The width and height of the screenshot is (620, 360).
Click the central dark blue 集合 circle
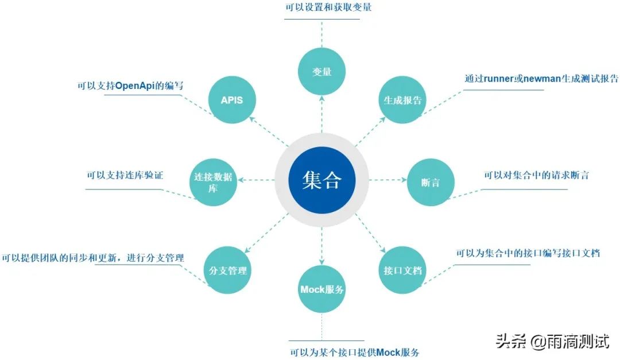pyautogui.click(x=321, y=180)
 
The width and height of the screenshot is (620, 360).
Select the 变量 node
pyautogui.click(x=321, y=72)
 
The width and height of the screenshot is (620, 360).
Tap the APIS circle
pyautogui.click(x=232, y=100)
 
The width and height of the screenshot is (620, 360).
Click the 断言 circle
pyautogui.click(x=431, y=182)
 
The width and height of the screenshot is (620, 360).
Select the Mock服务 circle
pyautogui.click(x=322, y=289)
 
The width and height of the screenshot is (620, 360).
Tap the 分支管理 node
pyautogui.click(x=228, y=270)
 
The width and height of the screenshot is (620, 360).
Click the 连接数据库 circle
pyautogui.click(x=212, y=183)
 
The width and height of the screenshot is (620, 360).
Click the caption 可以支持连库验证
pyautogui.click(x=125, y=175)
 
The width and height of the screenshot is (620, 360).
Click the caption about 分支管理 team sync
pyautogui.click(x=93, y=258)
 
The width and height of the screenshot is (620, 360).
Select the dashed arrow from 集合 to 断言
pyautogui.click(x=387, y=180)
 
